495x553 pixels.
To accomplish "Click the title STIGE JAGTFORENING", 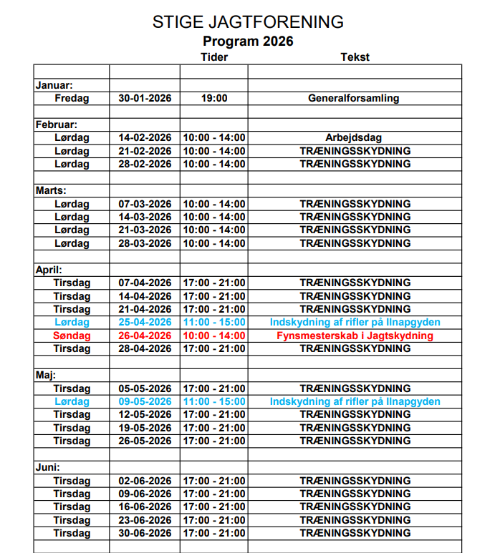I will [248, 22].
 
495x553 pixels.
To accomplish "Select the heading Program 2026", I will [248, 41].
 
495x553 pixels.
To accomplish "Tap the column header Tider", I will [214, 57].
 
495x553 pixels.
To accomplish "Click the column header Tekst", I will [355, 57].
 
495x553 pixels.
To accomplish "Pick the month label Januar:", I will [54, 85].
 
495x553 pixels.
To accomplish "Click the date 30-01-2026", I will [145, 98].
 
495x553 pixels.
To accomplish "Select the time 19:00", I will [214, 98].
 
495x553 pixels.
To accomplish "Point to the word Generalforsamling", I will [354, 98].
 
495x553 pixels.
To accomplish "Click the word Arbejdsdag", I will [354, 138].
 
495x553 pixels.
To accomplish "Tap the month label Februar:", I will [57, 124].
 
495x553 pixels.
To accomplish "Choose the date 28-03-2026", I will [145, 243].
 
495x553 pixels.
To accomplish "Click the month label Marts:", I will [51, 190].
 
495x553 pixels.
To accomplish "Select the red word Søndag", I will [72, 336].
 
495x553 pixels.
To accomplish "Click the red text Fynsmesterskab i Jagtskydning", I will [355, 336].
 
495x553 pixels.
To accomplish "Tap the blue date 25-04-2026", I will [145, 323].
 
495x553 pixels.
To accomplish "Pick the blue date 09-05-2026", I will [145, 401].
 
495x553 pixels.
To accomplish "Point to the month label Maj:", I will [47, 375].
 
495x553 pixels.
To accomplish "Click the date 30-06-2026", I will [145, 533].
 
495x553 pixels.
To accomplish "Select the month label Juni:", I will [49, 467].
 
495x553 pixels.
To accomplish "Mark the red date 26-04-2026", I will [145, 336].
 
